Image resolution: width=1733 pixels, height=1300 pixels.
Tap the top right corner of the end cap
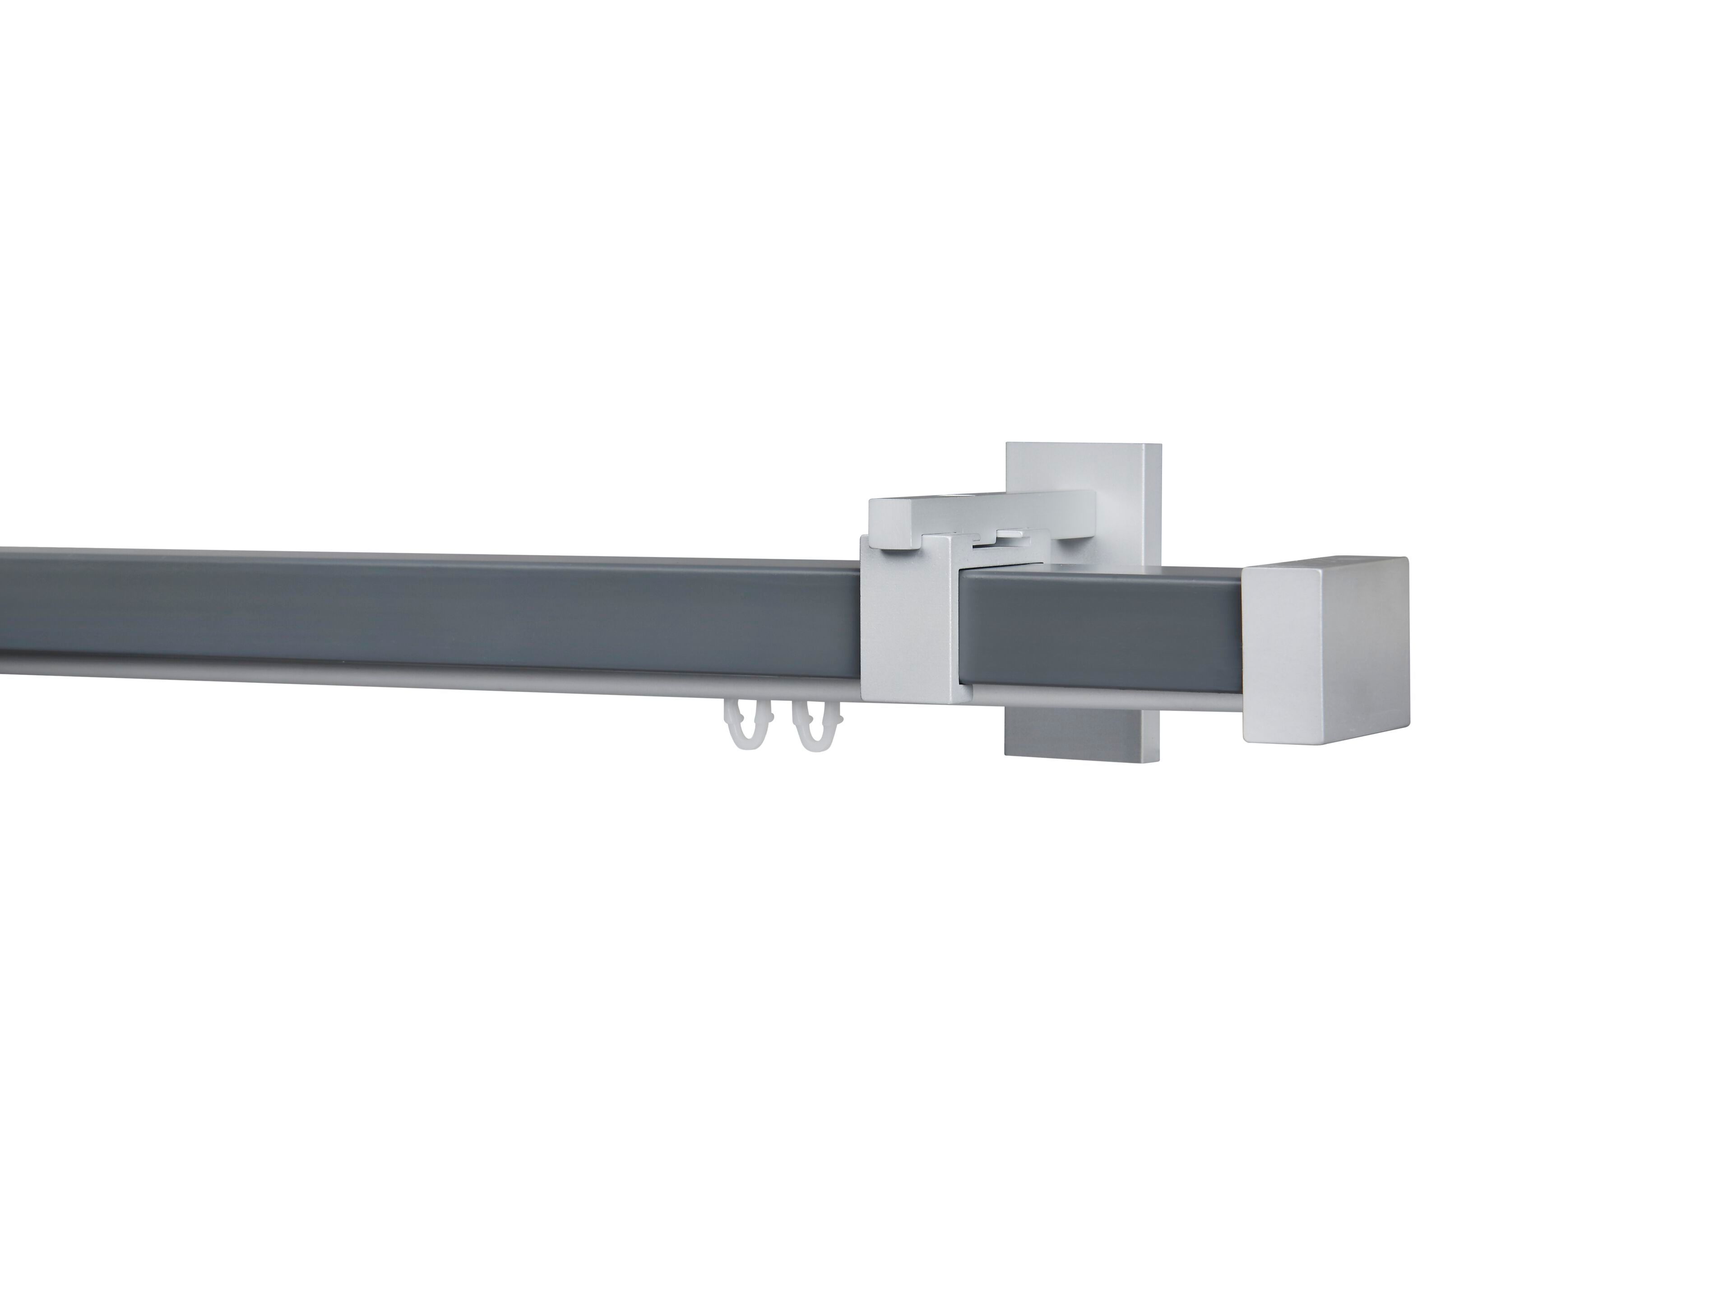(x=1405, y=559)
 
